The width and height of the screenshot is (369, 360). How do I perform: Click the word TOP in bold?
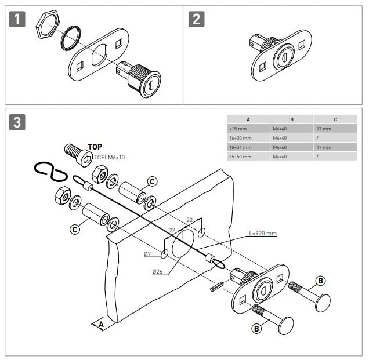click(x=95, y=147)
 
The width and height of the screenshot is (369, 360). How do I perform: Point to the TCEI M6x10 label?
click(x=110, y=157)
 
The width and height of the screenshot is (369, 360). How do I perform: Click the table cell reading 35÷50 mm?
click(x=240, y=157)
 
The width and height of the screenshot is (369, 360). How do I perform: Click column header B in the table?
click(x=292, y=119)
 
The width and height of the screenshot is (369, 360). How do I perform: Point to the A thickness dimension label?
click(x=101, y=325)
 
